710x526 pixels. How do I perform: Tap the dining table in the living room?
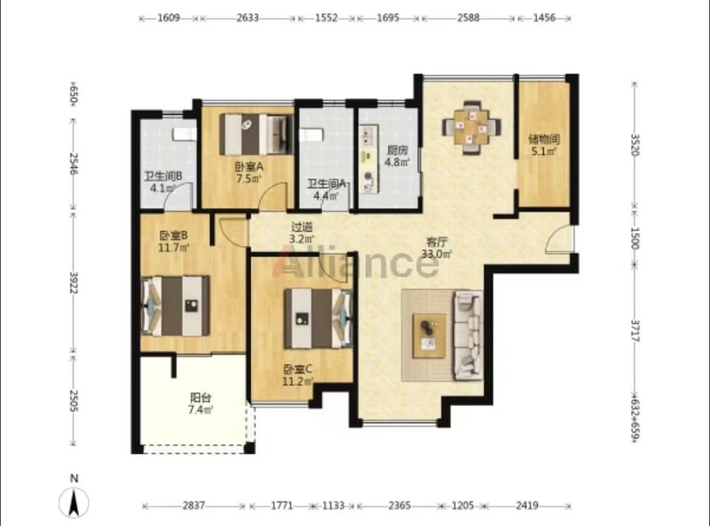[472, 128]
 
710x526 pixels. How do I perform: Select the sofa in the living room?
[468, 336]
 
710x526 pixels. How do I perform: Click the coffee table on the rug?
[428, 336]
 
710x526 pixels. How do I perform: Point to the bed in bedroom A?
[255, 134]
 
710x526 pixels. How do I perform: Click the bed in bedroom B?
[176, 306]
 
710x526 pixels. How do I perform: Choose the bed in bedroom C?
[318, 319]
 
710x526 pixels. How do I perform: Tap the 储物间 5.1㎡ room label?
[544, 145]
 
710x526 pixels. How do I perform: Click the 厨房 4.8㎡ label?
[397, 156]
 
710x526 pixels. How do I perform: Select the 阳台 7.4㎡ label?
[200, 403]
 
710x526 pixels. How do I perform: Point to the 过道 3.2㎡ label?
[302, 232]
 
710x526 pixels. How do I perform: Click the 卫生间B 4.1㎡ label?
[163, 182]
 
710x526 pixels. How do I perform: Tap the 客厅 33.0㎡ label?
[437, 248]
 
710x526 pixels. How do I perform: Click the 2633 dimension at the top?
[248, 18]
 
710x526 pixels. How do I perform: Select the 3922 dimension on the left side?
[74, 283]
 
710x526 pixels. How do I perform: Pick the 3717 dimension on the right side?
[635, 331]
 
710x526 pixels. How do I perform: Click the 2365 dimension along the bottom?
[399, 505]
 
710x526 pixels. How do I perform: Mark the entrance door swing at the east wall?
[559, 239]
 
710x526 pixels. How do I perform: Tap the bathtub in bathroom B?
[183, 134]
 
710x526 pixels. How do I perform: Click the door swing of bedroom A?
[274, 196]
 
